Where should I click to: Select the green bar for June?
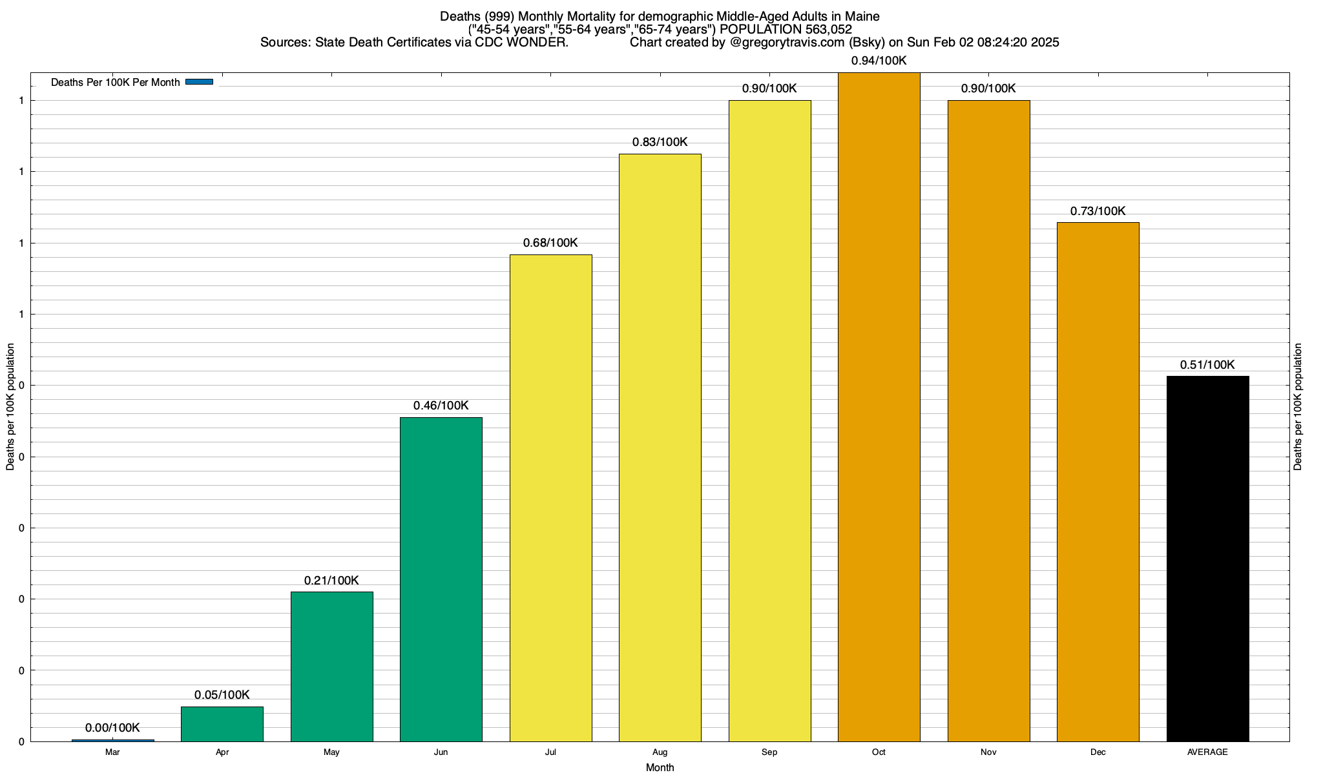441,579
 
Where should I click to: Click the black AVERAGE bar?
1207,559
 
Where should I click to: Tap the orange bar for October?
879,407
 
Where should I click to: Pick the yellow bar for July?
550,498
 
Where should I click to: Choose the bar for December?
1098,482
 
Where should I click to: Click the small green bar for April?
222,724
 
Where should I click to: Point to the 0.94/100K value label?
879,61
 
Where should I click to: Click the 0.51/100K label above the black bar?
1207,365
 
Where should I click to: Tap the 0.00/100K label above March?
112,728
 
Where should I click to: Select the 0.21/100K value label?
331,581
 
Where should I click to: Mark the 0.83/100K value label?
660,142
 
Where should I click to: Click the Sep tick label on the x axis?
769,752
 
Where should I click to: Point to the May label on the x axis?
331,752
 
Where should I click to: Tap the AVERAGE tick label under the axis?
1207,752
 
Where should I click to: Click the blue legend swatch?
199,82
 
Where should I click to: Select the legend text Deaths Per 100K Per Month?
115,83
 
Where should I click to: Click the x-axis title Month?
660,767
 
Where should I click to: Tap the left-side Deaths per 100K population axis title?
10,407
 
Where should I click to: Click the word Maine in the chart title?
862,16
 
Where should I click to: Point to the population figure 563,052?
828,29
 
